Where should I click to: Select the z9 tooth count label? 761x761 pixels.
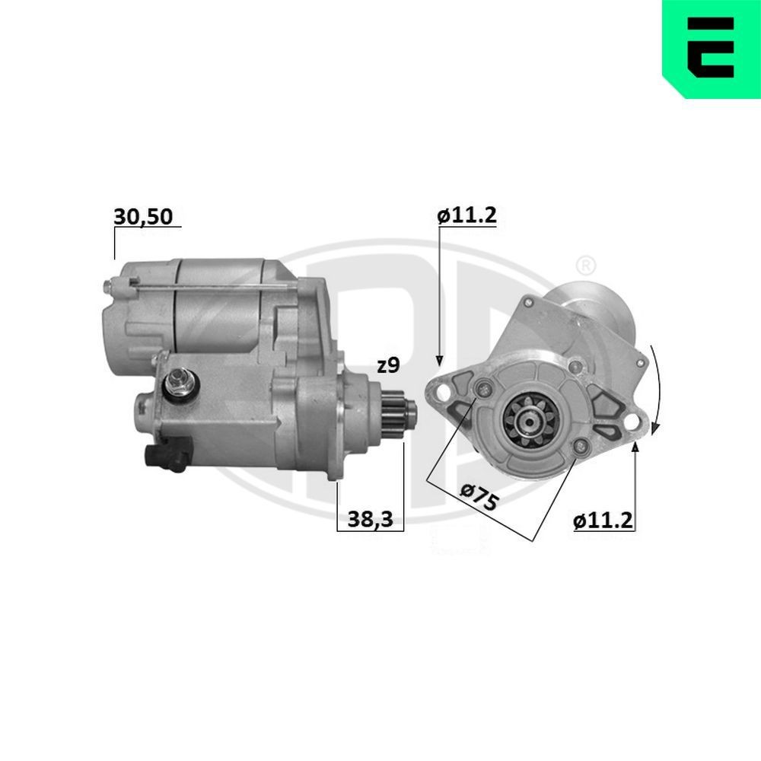tap(387, 365)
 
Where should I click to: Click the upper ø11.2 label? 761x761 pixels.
tap(466, 215)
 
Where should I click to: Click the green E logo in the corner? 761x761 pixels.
tap(711, 48)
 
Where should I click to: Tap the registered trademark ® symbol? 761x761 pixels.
tap(585, 266)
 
